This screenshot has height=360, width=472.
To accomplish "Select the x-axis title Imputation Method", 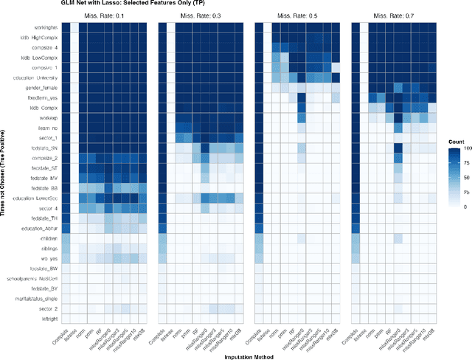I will [250, 355].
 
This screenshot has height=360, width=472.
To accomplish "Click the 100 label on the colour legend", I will [466, 149].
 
